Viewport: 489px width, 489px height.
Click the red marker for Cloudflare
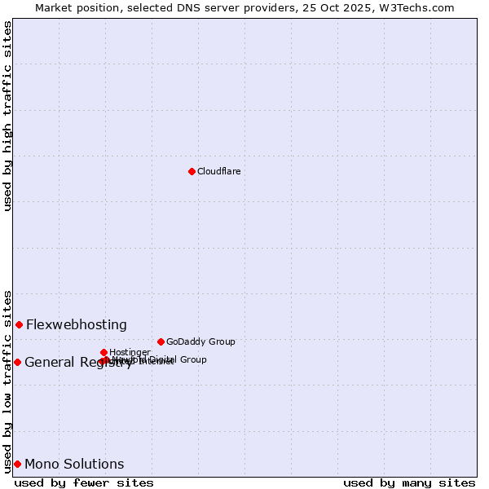(x=192, y=171)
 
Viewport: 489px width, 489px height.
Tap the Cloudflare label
(x=218, y=171)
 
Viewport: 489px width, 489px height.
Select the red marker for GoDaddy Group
(x=161, y=341)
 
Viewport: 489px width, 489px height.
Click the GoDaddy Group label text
(x=200, y=341)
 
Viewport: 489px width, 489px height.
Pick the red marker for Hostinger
(x=104, y=352)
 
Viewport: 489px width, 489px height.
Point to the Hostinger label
(x=130, y=352)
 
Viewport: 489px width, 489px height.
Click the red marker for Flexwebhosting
(x=19, y=324)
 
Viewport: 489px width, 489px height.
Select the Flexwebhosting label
(x=77, y=324)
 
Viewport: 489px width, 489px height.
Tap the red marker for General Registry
(x=17, y=362)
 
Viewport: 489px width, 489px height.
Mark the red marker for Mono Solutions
(x=17, y=464)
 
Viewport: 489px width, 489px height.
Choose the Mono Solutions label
(x=74, y=465)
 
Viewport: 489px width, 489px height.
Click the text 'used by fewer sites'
(x=84, y=482)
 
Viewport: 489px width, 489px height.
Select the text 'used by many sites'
(x=409, y=482)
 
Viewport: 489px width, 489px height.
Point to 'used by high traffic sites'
(x=8, y=116)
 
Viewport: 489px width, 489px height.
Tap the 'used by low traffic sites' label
(x=8, y=381)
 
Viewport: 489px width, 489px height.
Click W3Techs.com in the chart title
(x=421, y=7)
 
